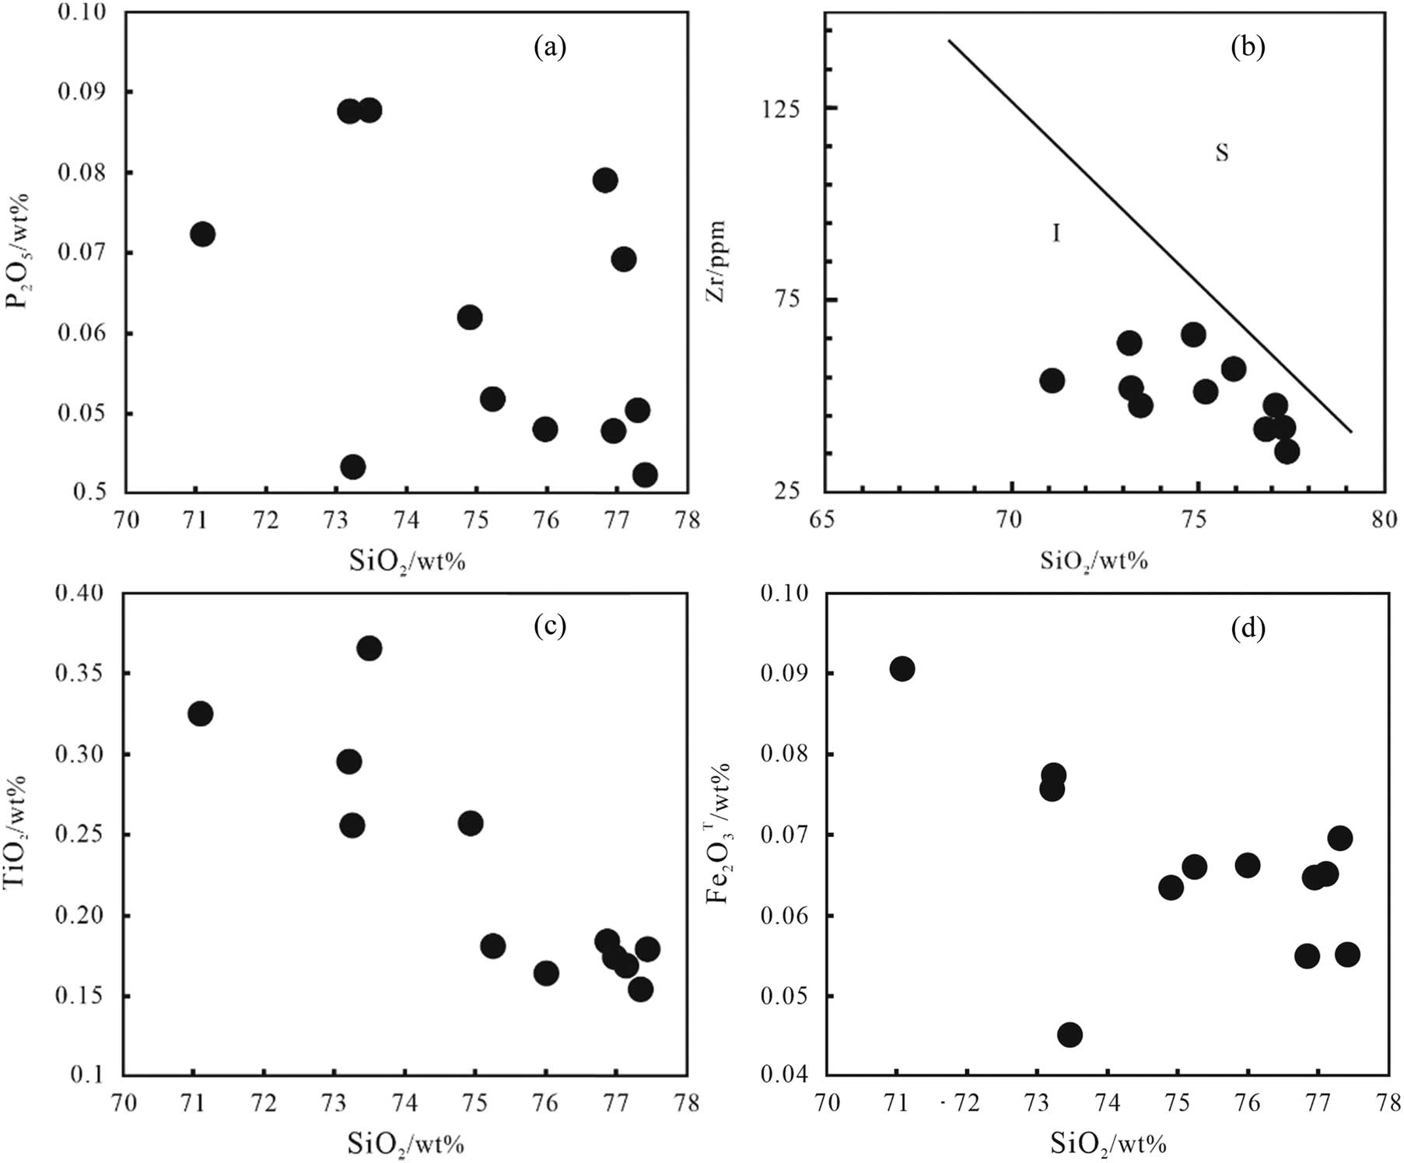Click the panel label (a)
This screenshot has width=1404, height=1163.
550,48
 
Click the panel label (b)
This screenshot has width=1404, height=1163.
1248,48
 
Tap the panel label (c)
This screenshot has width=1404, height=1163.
550,627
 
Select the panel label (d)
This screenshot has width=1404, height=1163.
1248,627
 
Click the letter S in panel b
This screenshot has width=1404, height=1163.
1222,153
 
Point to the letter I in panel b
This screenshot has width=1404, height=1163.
1056,233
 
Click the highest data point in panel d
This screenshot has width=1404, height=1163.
902,668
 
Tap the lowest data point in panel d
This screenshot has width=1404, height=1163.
1070,1035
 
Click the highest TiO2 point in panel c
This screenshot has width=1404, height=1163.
369,649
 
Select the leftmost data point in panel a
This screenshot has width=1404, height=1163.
201,234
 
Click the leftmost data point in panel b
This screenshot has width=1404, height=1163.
1052,380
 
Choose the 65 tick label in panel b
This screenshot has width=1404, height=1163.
822,519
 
